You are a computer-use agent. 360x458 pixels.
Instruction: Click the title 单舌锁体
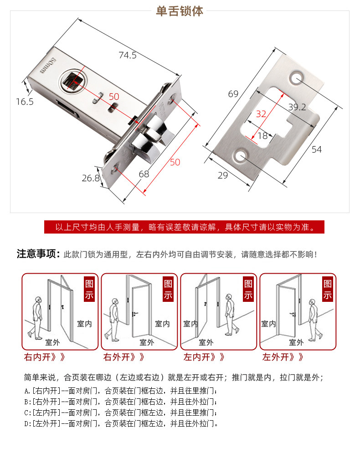tap(180, 11)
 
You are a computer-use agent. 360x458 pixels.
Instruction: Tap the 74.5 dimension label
tap(128, 56)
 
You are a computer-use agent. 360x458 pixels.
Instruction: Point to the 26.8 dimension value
tap(91, 178)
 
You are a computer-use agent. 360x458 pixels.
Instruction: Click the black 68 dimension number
tap(144, 173)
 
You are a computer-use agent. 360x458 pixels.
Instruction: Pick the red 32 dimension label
tap(261, 114)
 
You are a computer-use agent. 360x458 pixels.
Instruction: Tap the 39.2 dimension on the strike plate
tap(297, 107)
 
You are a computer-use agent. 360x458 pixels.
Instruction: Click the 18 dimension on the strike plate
tap(262, 136)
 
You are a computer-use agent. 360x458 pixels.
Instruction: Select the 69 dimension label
tap(233, 94)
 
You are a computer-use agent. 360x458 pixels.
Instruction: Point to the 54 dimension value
tap(316, 149)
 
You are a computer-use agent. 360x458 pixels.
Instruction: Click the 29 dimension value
tap(222, 175)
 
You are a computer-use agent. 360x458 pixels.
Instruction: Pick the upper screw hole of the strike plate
tap(297, 77)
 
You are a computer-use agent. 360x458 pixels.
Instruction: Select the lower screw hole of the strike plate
tap(241, 157)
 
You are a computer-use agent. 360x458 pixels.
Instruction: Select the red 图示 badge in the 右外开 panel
tap(168, 290)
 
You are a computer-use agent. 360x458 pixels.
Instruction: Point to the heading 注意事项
tap(38, 254)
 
